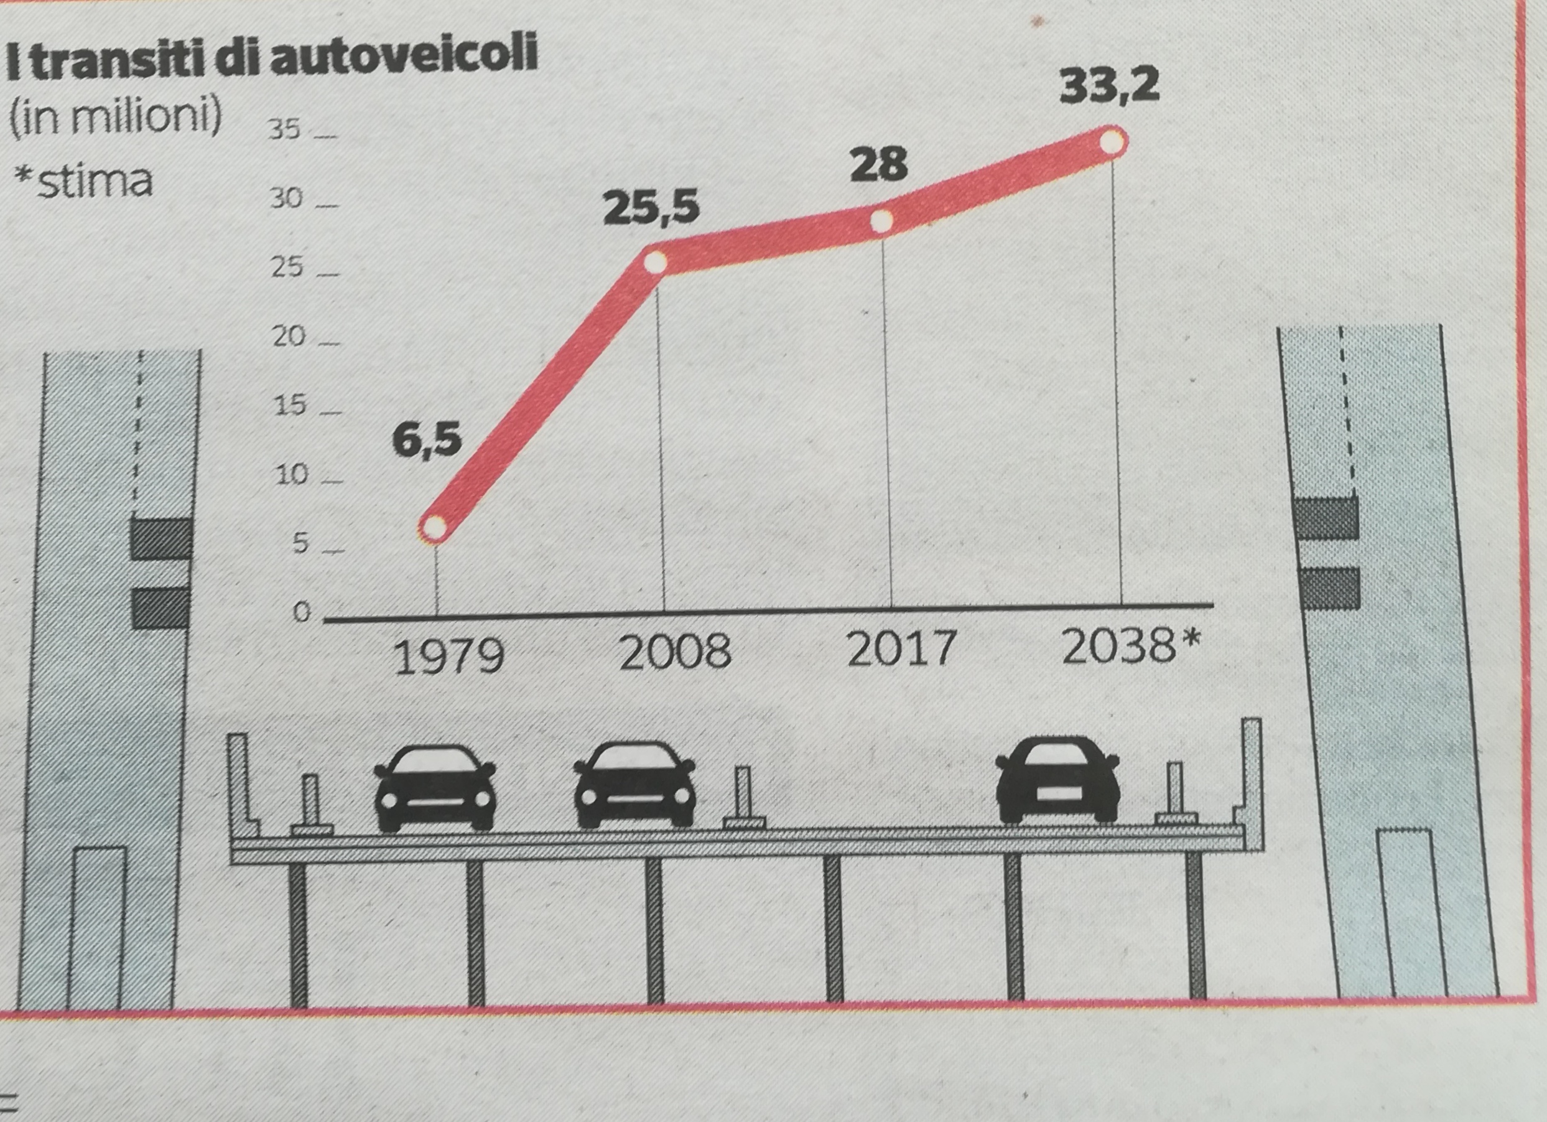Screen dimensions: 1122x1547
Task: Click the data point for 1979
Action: [435, 527]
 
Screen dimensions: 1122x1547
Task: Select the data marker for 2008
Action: [655, 262]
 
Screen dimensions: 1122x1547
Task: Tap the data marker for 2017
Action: [881, 220]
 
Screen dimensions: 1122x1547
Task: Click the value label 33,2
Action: [1109, 86]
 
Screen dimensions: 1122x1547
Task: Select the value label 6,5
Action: [427, 439]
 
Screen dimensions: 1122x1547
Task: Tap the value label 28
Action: [879, 164]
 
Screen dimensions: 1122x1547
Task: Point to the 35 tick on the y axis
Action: [284, 129]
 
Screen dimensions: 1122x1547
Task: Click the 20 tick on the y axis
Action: [289, 337]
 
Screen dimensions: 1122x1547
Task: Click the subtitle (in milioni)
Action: [114, 118]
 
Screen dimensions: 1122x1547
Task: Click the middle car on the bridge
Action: [635, 785]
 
